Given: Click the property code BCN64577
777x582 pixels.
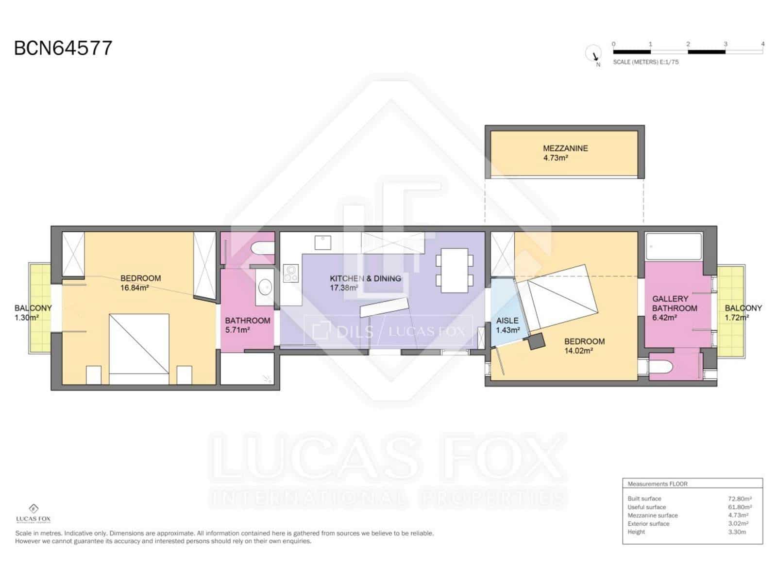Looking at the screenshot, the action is (x=63, y=48).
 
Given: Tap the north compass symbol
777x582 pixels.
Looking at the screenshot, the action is (x=593, y=54).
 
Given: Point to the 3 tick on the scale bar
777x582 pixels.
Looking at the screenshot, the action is (x=725, y=44).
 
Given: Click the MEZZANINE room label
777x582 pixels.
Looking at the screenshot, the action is (x=565, y=148).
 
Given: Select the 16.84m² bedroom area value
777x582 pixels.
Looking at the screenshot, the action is (x=135, y=288).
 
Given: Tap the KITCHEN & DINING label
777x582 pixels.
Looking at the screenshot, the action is (x=365, y=278).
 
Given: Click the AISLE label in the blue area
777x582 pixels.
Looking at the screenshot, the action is (x=507, y=321).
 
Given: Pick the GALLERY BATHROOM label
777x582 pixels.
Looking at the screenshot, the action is (x=675, y=304).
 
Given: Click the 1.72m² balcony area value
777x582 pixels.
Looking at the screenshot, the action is (x=736, y=318).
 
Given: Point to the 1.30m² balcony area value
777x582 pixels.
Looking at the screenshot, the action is (x=27, y=318).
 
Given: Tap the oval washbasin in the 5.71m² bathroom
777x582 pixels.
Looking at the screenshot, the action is (x=265, y=287).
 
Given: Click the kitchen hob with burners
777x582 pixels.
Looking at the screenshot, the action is (x=290, y=274).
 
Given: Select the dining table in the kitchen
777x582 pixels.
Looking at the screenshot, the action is (x=455, y=270).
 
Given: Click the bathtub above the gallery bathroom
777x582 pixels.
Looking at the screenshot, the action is (x=673, y=247).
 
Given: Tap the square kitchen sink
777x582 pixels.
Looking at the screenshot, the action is (x=322, y=243).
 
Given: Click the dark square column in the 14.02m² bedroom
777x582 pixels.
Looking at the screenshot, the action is (x=536, y=341).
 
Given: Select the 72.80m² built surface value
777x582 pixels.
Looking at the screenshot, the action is (x=740, y=499).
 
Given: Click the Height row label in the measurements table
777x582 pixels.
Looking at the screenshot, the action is (x=636, y=532).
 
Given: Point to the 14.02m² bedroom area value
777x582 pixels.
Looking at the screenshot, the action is (x=578, y=351).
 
